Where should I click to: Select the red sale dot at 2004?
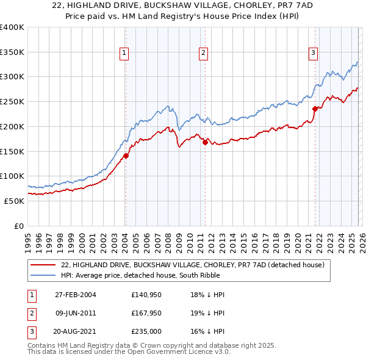(x=126, y=156)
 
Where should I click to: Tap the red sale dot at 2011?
(x=204, y=142)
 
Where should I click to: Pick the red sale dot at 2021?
(x=315, y=109)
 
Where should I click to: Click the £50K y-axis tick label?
(x=14, y=201)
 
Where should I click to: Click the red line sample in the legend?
(x=44, y=265)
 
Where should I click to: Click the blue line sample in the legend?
(x=44, y=275)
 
